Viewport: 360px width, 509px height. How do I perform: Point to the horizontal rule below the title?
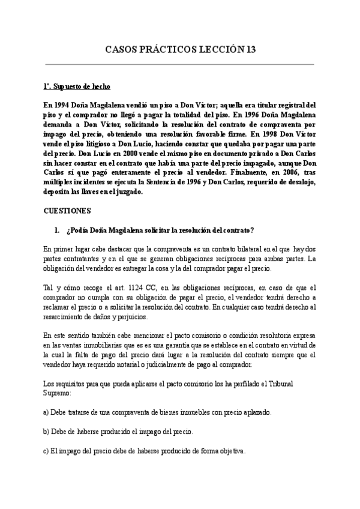tap(180, 64)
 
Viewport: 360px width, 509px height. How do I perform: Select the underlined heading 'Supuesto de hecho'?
tap(81, 87)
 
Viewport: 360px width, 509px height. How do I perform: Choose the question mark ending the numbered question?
tap(253, 230)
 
